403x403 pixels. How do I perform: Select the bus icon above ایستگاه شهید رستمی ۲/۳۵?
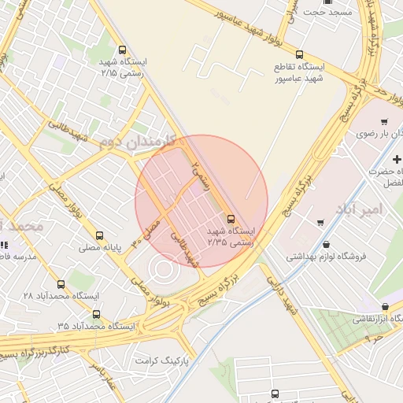(231, 218)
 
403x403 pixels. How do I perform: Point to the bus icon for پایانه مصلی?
(99, 235)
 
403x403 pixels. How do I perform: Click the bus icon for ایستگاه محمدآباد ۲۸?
(61, 284)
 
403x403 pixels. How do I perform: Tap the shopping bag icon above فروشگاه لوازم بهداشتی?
(326, 244)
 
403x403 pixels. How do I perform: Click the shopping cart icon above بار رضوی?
(383, 122)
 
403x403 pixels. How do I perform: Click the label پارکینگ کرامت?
(163, 360)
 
